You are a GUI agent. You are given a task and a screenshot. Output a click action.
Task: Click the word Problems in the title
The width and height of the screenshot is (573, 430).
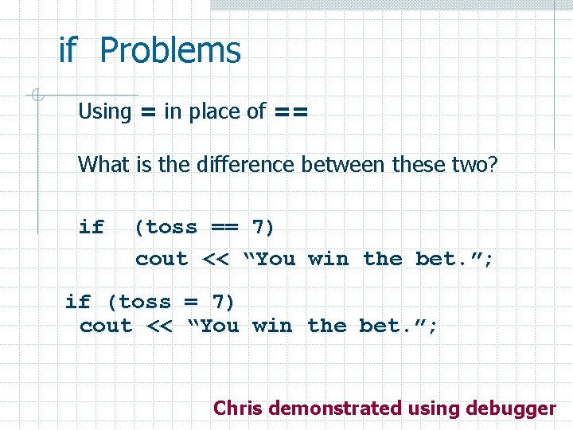(x=170, y=51)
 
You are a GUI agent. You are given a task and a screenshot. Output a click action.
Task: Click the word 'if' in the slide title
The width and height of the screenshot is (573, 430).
(x=68, y=51)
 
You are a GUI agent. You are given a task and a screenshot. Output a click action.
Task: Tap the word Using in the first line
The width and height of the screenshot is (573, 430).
(x=104, y=111)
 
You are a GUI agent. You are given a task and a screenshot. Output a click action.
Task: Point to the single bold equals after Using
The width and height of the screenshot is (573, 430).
(x=147, y=112)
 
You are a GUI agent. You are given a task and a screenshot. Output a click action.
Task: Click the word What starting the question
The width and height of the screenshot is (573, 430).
(x=100, y=165)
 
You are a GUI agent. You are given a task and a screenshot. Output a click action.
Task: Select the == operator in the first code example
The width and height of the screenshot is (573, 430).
(x=224, y=228)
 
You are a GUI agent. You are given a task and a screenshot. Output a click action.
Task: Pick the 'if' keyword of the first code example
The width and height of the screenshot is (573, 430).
(x=92, y=227)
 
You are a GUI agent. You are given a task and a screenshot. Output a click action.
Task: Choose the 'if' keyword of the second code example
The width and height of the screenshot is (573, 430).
(x=78, y=302)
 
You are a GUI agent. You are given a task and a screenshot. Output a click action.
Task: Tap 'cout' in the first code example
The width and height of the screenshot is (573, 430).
(x=162, y=260)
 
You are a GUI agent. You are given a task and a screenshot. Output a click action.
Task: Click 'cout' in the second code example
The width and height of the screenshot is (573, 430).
(x=106, y=326)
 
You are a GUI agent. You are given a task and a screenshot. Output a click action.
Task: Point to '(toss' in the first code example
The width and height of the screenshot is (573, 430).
(x=166, y=228)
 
